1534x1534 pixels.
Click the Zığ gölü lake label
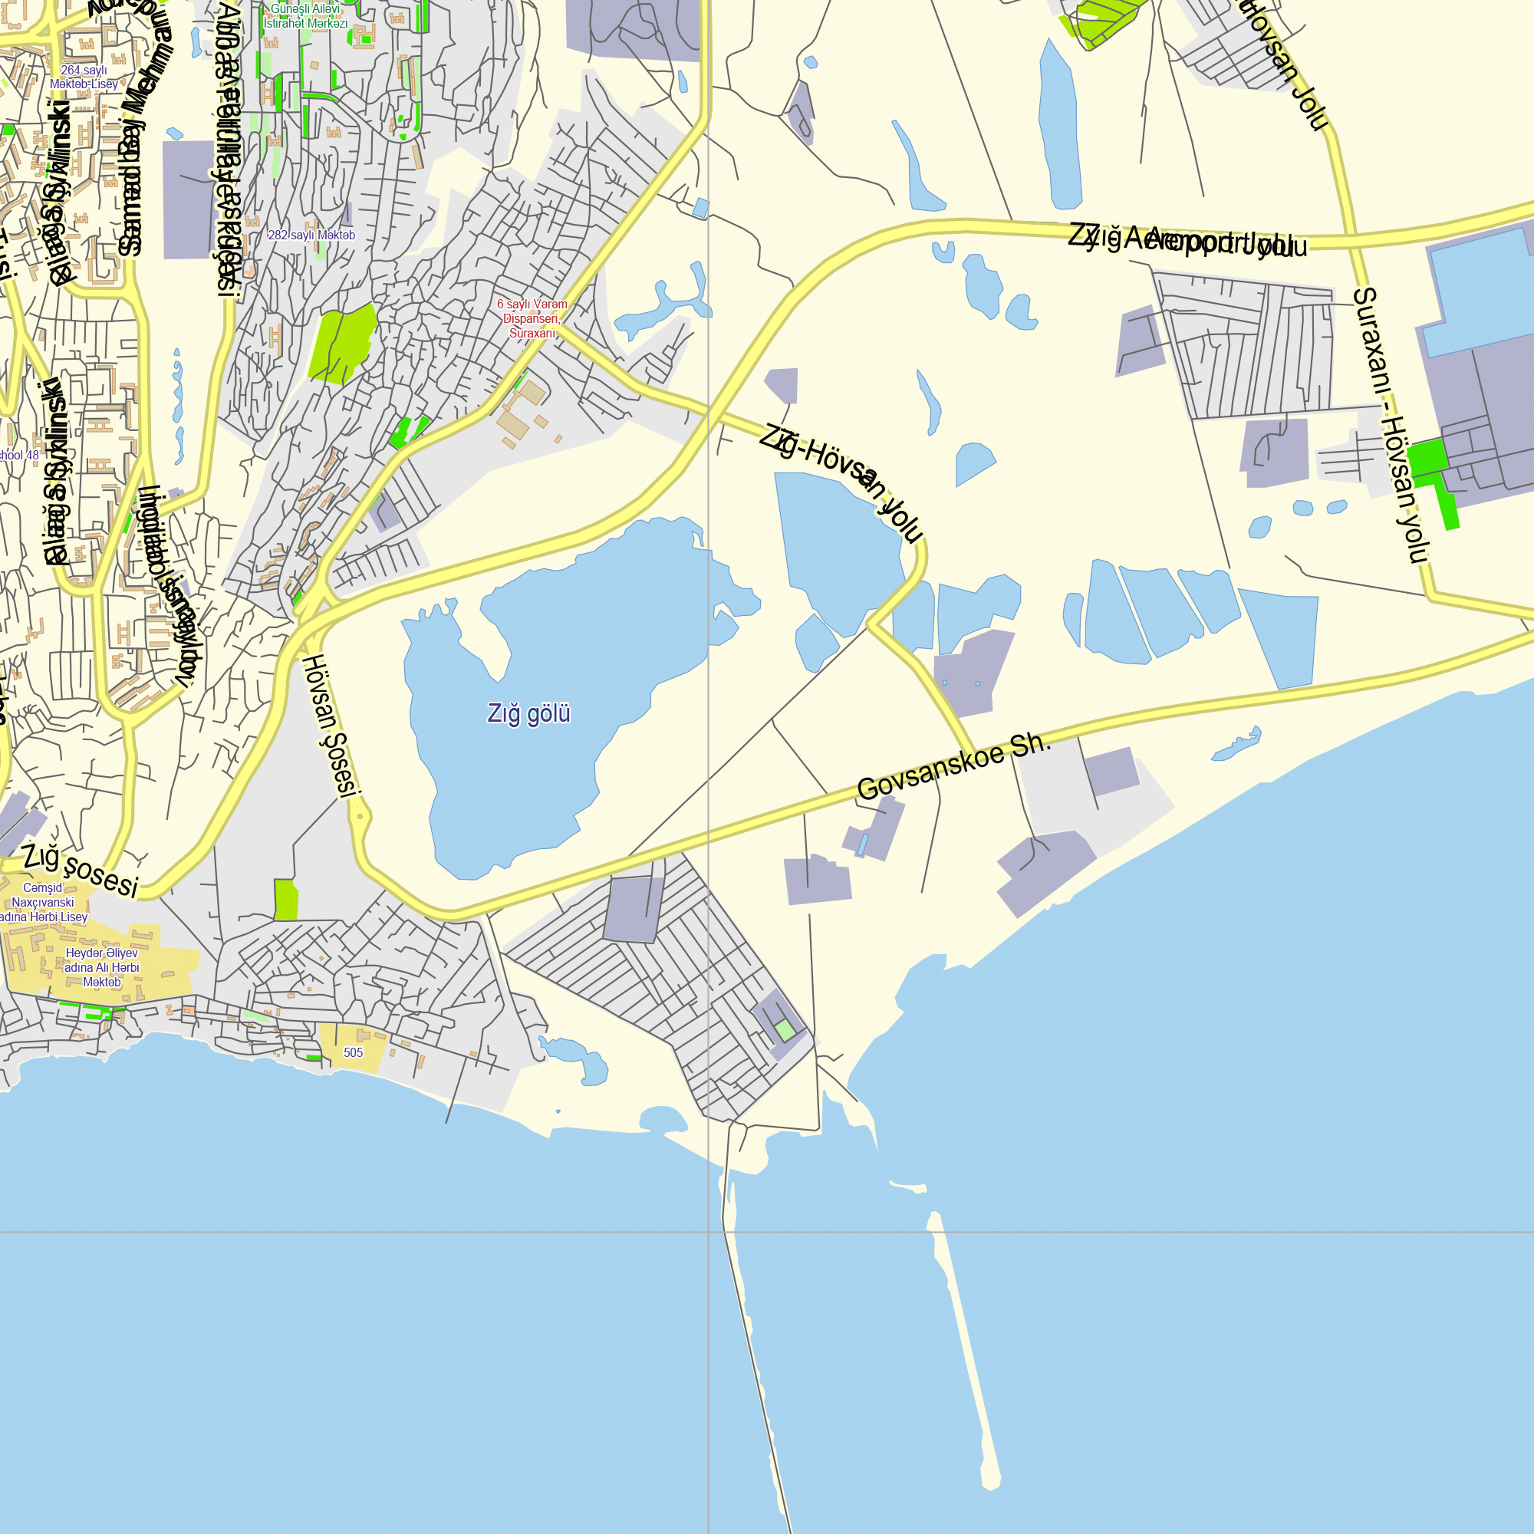coord(528,714)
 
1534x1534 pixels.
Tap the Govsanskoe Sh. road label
coord(954,768)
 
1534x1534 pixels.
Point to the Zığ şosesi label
coord(81,871)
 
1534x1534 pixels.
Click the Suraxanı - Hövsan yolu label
coord(1391,425)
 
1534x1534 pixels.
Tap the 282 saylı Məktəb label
coord(311,235)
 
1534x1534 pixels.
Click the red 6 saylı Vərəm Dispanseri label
coord(532,318)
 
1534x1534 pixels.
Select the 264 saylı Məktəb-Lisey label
coord(84,77)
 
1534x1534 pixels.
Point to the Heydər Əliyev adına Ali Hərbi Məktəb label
coord(102,967)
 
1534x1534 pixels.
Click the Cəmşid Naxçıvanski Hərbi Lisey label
coord(43,902)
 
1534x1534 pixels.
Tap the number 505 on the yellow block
coord(354,1053)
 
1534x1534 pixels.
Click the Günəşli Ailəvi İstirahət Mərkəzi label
coord(306,16)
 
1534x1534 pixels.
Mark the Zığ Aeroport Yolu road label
coord(1187,240)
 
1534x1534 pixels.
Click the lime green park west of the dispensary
coord(341,343)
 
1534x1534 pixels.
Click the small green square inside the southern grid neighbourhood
coord(785,1031)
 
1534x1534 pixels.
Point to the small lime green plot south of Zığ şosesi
coord(286,900)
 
